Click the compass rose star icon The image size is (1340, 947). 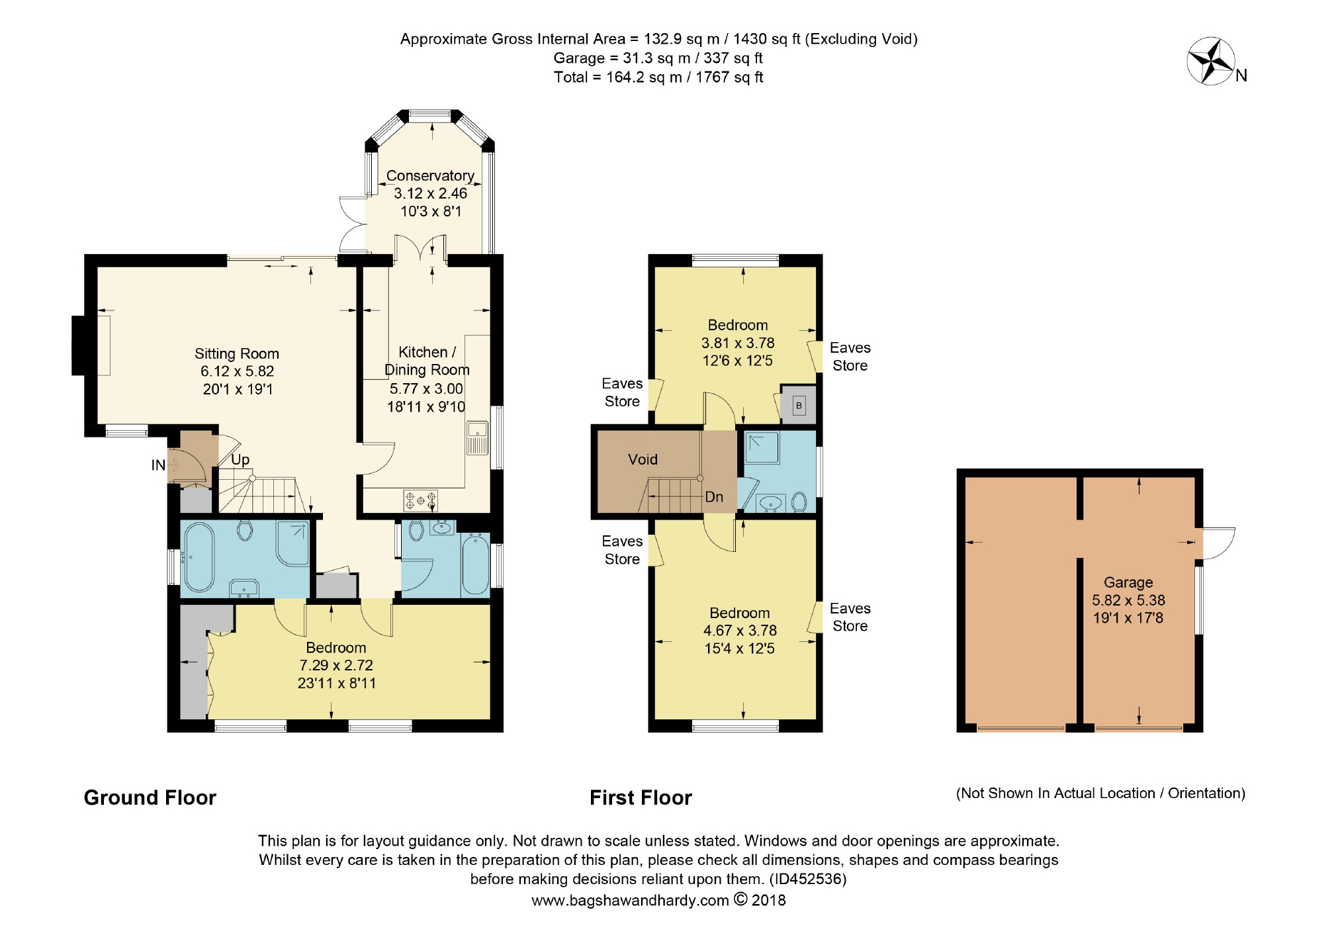pos(1212,62)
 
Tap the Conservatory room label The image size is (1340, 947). pos(430,176)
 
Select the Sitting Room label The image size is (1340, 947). pos(237,354)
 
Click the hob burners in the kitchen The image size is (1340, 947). pos(421,500)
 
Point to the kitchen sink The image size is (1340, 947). pos(477,437)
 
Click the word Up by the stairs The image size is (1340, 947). pos(240,460)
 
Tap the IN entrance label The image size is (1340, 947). pos(158,465)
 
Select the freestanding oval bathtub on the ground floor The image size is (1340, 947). pos(199,557)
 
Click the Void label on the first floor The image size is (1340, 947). pos(643,459)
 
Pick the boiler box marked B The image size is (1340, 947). pos(799,405)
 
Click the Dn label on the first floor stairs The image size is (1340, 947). pos(714,497)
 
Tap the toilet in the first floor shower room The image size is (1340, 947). pos(799,502)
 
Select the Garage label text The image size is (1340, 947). pos(1128,583)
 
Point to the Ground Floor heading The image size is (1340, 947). pos(150,798)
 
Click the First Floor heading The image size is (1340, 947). pos(641,798)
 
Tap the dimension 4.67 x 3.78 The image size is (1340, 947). pos(740,631)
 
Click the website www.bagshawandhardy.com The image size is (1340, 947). pos(630,901)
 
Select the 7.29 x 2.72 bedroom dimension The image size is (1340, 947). pos(336,666)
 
